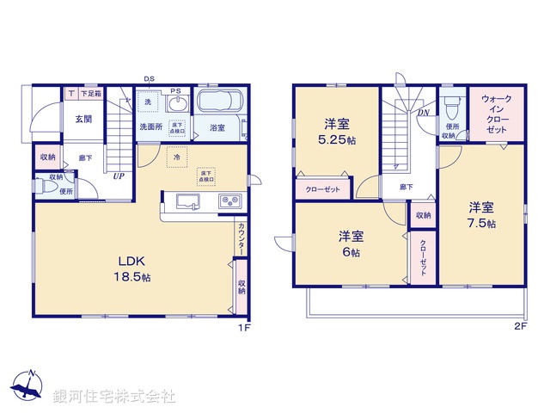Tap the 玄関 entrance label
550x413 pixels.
(x=82, y=120)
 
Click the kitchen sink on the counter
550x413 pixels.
(x=189, y=202)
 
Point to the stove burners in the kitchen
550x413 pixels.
(x=230, y=202)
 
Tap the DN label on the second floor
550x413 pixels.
(x=424, y=113)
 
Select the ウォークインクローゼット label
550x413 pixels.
(x=496, y=112)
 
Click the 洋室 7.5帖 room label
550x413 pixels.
(x=480, y=214)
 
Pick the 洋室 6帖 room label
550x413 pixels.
(x=348, y=243)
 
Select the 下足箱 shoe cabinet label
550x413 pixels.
(x=90, y=93)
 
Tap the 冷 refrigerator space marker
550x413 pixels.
(x=178, y=157)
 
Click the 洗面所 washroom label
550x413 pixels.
(x=153, y=127)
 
